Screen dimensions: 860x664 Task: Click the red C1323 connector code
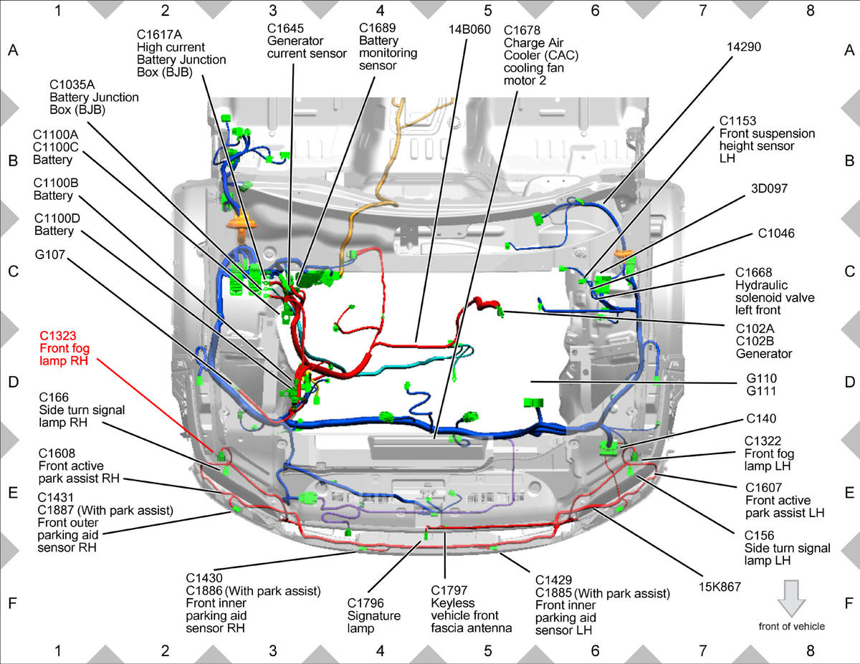tap(58, 336)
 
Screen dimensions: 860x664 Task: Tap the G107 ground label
tap(50, 255)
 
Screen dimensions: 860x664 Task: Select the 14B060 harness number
tap(469, 29)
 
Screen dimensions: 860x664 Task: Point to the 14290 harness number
tap(744, 47)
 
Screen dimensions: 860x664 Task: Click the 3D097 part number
tap(769, 188)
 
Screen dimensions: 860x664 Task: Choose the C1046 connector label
tap(776, 234)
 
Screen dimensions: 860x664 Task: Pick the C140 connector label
tap(761, 418)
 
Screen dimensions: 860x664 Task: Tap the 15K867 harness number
tap(720, 587)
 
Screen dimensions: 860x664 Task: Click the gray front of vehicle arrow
tap(791, 598)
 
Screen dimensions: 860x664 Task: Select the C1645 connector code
tap(285, 29)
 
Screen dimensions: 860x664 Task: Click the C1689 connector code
tap(377, 28)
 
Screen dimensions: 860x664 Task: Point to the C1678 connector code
tap(522, 31)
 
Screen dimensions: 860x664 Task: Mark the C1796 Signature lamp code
tap(365, 603)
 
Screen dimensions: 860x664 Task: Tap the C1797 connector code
tap(449, 590)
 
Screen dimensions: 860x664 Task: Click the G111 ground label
tap(761, 391)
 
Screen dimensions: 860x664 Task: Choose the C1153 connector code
tap(737, 121)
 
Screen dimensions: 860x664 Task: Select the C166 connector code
tap(54, 398)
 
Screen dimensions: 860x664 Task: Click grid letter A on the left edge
tap(13, 50)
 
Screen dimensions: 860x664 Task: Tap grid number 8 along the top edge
tap(810, 11)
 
